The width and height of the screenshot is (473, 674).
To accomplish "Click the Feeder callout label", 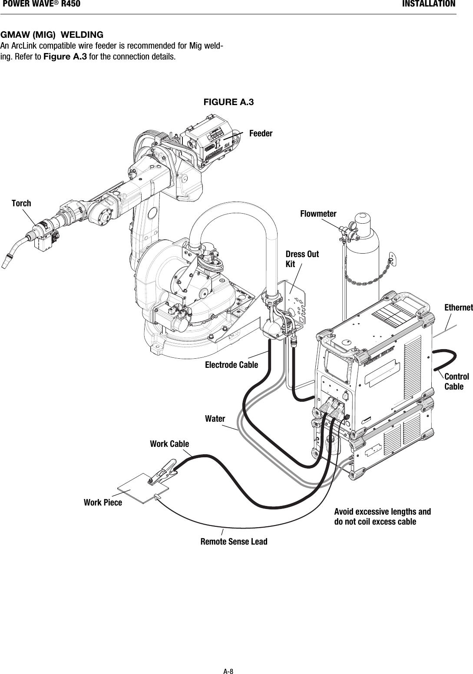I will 261,134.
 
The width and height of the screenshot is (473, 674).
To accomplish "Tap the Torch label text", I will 21,203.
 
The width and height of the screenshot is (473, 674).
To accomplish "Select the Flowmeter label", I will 318,214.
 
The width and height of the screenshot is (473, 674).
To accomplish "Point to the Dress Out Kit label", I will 302,259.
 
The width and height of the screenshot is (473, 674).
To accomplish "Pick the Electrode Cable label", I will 231,365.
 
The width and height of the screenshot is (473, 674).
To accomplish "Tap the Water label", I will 215,419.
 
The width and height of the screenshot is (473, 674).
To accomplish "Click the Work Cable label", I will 169,444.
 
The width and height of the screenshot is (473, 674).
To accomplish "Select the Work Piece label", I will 103,502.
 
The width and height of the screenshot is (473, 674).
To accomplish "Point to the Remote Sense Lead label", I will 234,542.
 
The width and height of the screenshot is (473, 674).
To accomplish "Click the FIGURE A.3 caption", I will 229,102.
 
